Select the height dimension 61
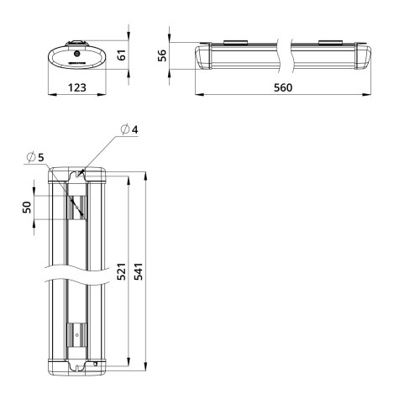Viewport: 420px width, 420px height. click(120, 55)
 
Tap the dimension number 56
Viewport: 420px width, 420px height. click(163, 55)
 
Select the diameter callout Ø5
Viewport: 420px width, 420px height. click(35, 157)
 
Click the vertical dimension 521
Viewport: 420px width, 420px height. click(120, 272)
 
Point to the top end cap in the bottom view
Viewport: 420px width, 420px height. click(76, 174)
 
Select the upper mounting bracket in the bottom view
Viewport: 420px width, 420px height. click(77, 207)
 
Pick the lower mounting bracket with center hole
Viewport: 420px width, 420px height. click(77, 335)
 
